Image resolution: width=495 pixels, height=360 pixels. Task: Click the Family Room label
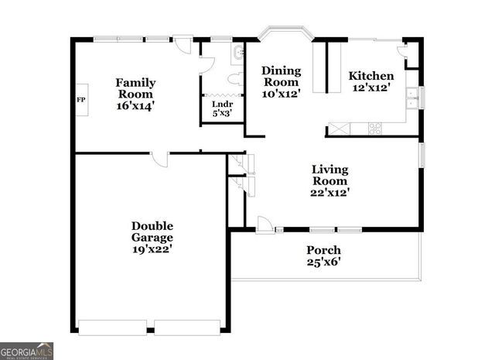pos(135,88)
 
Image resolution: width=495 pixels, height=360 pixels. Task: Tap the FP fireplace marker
pos(80,100)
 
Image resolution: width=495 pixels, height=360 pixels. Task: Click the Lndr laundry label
pos(222,105)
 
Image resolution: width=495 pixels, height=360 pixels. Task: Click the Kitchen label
pos(371,76)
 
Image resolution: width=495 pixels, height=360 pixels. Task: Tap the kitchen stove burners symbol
pos(374,129)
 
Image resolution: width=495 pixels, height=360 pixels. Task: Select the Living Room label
pos(329,174)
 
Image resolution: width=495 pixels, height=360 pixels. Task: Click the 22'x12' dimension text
pos(329,193)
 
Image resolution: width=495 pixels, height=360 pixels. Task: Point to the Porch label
pos(323,250)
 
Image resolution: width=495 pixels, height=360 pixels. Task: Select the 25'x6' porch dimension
pos(323,262)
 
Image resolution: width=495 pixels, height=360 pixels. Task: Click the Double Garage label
pos(152,231)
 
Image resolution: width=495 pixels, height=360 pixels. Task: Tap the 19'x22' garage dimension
pos(152,249)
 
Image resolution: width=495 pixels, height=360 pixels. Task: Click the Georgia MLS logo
pos(26,350)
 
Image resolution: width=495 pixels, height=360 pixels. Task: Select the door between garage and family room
pos(159,159)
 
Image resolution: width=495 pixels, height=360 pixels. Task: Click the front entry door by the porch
pos(265,225)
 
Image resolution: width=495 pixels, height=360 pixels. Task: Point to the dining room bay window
pos(284,33)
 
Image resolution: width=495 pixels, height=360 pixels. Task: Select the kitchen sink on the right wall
pos(413,97)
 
